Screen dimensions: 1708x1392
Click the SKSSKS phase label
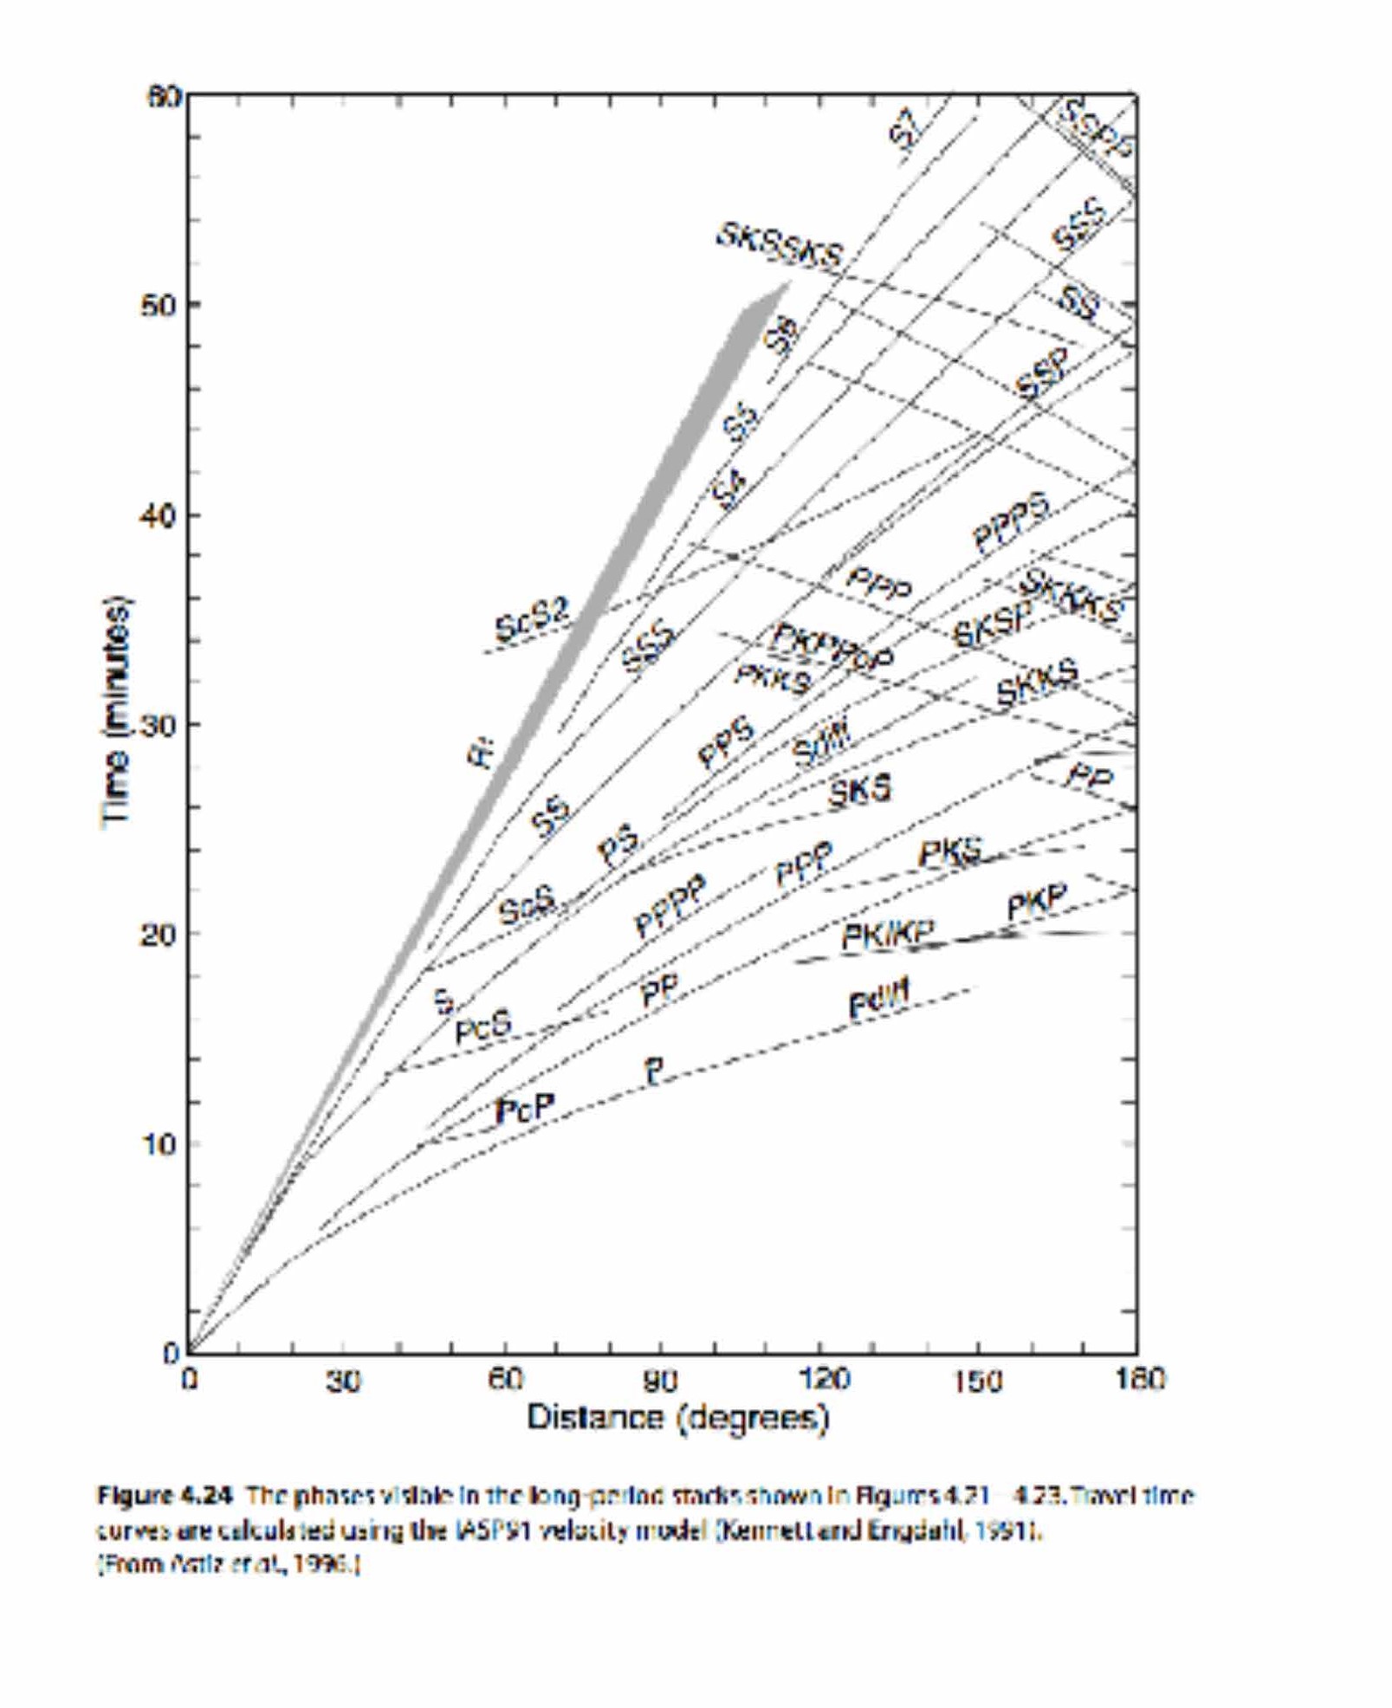pyautogui.click(x=779, y=246)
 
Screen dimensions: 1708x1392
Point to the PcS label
pyautogui.click(x=483, y=1027)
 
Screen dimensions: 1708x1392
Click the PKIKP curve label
pyautogui.click(x=888, y=935)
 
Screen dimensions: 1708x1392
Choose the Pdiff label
pyautogui.click(x=878, y=1002)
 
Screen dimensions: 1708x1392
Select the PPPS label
pyautogui.click(x=1011, y=521)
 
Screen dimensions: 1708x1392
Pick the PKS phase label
pyautogui.click(x=950, y=853)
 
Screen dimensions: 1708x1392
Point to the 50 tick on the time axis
pyautogui.click(x=158, y=306)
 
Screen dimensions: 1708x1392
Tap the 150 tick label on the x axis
pyautogui.click(x=977, y=1380)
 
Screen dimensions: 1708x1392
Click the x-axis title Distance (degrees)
pyautogui.click(x=678, y=1418)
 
